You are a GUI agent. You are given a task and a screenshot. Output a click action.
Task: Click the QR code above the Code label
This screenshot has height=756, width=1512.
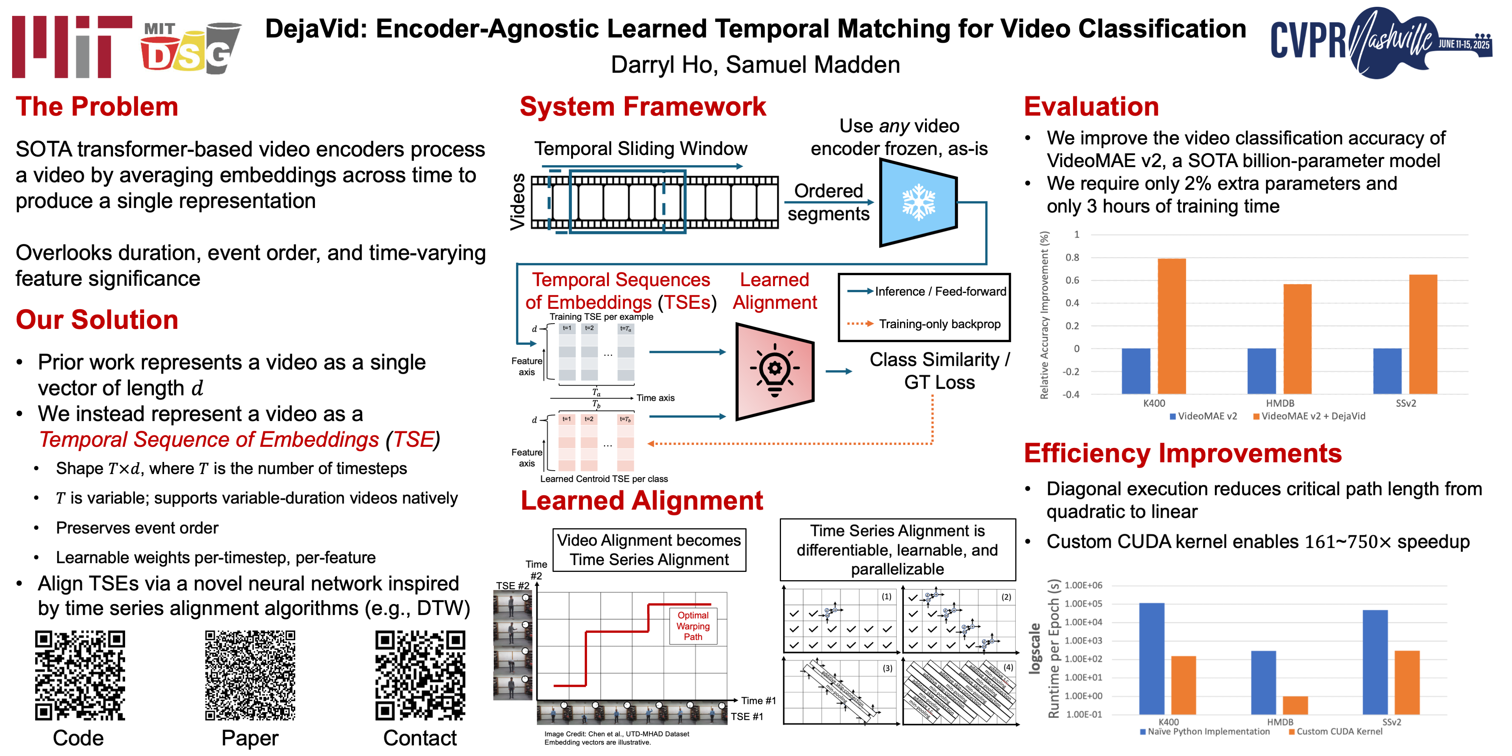80,675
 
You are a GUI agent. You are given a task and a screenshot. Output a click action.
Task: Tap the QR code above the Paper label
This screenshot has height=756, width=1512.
250,675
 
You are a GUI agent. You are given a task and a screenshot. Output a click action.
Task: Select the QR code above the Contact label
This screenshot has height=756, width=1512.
420,675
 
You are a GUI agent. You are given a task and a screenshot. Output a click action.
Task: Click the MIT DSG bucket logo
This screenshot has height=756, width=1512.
191,48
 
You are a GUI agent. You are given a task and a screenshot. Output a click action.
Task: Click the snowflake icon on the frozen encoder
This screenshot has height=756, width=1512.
919,203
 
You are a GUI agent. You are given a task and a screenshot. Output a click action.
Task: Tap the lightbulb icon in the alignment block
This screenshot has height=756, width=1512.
775,370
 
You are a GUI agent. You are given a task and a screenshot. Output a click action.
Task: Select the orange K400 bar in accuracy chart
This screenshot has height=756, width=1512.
1171,326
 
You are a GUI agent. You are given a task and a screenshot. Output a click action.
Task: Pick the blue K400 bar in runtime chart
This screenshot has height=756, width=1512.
1152,657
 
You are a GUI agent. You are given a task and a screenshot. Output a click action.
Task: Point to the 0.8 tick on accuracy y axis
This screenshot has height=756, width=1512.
1072,257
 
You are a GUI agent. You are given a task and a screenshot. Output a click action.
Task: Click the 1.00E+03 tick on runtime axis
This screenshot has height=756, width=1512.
1083,640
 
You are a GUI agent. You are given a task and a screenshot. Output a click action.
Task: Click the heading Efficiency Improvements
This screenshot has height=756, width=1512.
1183,453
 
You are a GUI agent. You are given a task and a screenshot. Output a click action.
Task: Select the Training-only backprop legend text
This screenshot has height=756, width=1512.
939,324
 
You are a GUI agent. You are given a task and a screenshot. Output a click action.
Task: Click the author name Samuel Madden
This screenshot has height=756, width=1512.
813,65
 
